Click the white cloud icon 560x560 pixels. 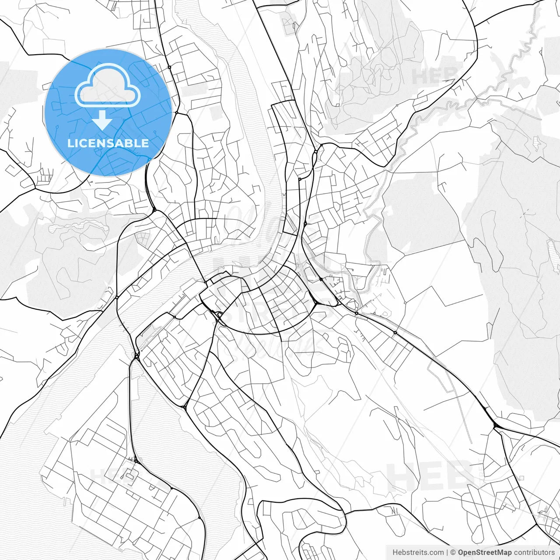click(108, 86)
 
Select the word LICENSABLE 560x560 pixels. click(108, 143)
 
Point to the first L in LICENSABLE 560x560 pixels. click(70, 143)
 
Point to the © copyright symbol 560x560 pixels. click(453, 553)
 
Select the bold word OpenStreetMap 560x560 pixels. click(484, 553)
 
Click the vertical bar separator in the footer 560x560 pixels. click(447, 553)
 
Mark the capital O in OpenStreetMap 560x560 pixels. click(461, 553)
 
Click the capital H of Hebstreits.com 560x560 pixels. click(395, 553)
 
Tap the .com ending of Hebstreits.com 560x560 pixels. click(436, 553)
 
